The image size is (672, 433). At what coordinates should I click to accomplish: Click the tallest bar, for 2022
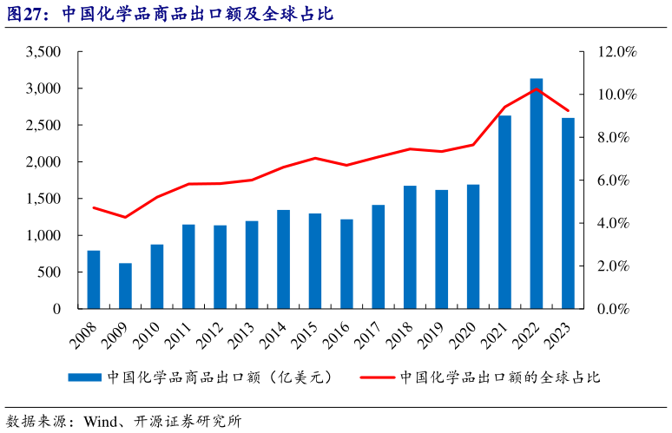point(537,194)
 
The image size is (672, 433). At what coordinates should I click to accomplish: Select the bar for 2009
point(125,285)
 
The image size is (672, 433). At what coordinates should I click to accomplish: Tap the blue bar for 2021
point(504,212)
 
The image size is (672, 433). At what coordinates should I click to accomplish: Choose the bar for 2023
point(568,213)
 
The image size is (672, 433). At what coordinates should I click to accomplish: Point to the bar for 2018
point(410,247)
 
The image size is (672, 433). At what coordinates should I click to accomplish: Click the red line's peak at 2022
point(537,89)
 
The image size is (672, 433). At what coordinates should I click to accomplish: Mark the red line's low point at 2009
point(125,217)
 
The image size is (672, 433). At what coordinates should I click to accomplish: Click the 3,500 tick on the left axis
point(43,52)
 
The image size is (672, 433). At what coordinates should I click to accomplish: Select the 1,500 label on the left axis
point(43,199)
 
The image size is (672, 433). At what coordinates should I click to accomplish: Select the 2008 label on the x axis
point(87,331)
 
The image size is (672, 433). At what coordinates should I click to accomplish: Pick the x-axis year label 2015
point(308,331)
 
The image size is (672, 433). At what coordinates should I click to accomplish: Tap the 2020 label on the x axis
point(466,331)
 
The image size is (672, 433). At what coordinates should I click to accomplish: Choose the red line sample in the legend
point(377,377)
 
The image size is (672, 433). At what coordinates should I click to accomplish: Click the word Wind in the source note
point(100,422)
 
